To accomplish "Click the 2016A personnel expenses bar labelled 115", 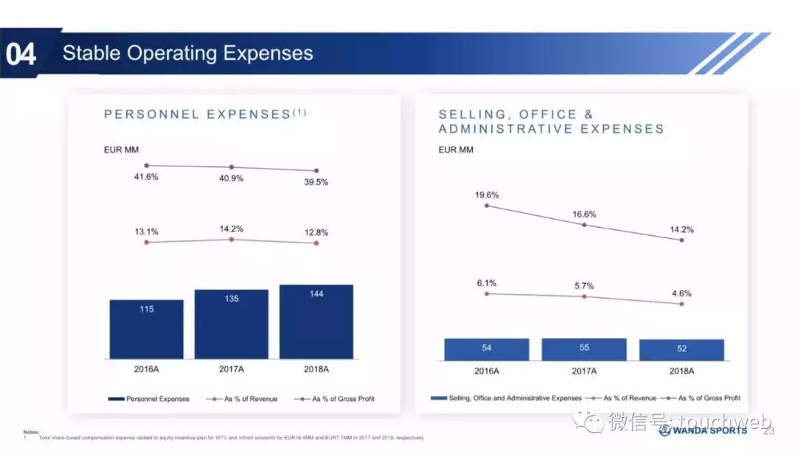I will point(146,329).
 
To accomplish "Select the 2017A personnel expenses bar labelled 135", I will point(231,324).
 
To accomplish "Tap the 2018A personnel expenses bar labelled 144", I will point(316,322).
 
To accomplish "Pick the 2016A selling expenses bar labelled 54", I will point(486,349).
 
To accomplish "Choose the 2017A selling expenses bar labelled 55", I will point(584,349).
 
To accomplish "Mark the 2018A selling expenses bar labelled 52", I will point(681,350).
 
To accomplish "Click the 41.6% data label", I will point(146,177).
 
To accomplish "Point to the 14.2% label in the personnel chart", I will point(231,229).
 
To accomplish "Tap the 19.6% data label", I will point(487,195).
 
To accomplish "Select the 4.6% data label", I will point(681,294).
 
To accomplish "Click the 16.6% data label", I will point(584,214).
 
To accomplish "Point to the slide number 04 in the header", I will point(21,54).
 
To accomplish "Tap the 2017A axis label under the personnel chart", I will point(231,369).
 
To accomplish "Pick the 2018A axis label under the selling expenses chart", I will point(681,371).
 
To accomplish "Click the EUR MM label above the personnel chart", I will point(123,150).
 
